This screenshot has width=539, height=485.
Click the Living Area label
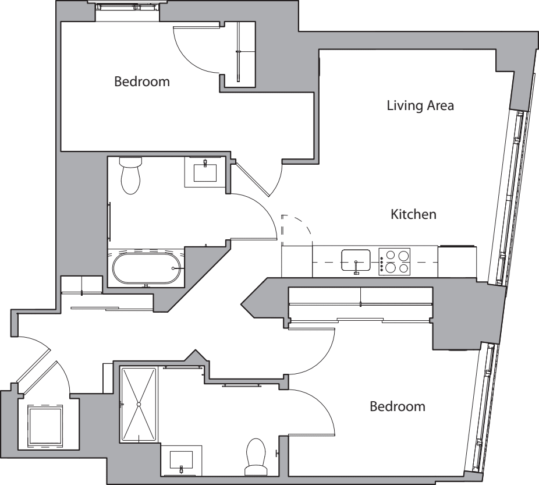pos(420,106)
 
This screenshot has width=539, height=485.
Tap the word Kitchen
pos(413,214)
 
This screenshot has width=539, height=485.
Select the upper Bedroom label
pos(142,82)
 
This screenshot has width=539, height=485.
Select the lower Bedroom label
pos(398,406)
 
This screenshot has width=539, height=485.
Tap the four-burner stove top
pos(395,261)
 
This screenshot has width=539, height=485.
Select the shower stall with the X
pos(139,404)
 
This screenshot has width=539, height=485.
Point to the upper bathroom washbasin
pos(205,172)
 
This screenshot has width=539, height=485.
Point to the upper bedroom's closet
pos(240,54)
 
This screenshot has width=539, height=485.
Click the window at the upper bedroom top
pos(127,7)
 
